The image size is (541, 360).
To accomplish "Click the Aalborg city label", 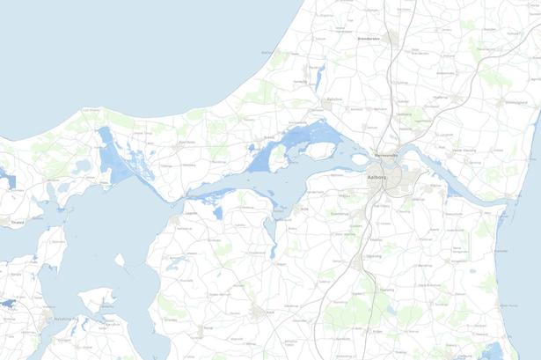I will (x=378, y=176).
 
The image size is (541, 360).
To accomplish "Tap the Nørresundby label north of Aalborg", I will (x=387, y=156).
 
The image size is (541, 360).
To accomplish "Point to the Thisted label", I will (x=14, y=223).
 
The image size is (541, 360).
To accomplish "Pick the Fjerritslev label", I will (x=186, y=142).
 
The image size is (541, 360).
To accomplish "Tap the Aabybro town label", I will (x=334, y=99).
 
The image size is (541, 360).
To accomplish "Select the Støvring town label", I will (x=373, y=257).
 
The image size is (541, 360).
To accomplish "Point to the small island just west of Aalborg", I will (x=359, y=160).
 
